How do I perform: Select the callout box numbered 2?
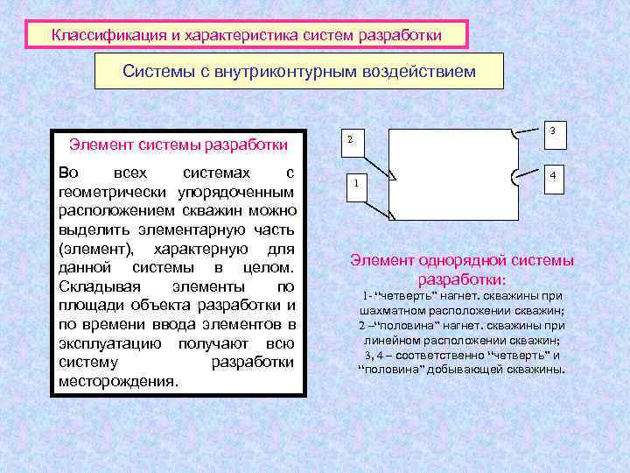point(350,140)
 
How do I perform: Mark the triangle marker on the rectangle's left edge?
point(393,178)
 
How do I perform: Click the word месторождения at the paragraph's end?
point(116,382)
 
